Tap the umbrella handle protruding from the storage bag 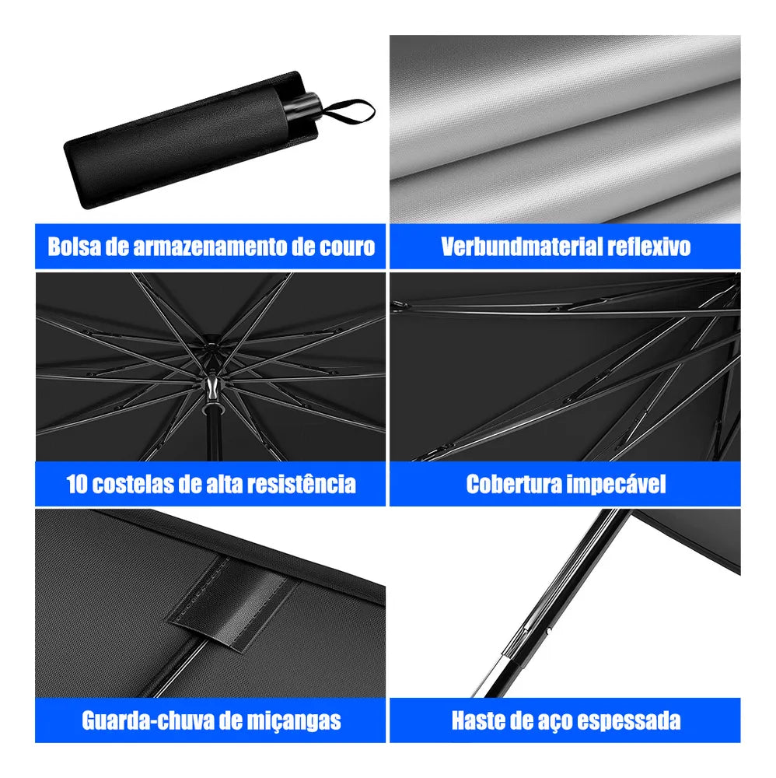[302, 106]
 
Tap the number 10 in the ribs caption [77, 484]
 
